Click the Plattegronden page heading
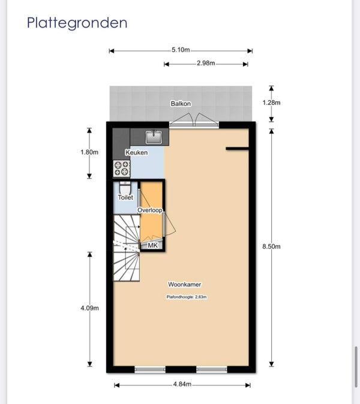[77, 23]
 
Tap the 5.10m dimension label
[181, 50]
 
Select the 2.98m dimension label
[206, 63]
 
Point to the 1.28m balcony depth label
[271, 102]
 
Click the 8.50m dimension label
[271, 246]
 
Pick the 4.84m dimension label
[182, 384]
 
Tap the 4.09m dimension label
[90, 308]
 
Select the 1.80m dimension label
[89, 152]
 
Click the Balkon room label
[181, 104]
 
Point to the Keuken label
[137, 152]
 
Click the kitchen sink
[154, 137]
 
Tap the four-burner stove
[121, 168]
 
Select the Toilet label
[125, 197]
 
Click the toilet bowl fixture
[125, 187]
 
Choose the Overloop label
[150, 210]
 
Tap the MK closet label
[152, 246]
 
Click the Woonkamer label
[185, 285]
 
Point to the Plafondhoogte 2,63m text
[187, 297]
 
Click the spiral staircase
[127, 248]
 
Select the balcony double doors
[194, 120]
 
